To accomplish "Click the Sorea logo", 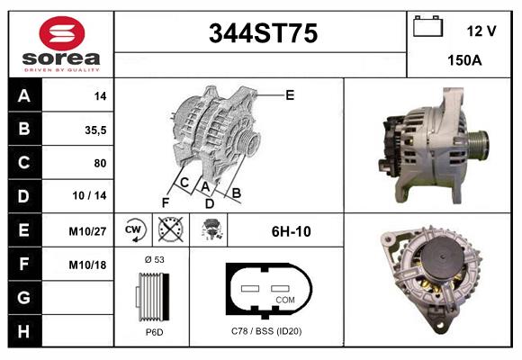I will pos(61,44).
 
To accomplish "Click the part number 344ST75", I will pos(262,33).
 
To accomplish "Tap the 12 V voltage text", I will pos(481,31).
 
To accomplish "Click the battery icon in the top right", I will pos(427,28).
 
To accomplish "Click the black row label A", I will pos(24,95).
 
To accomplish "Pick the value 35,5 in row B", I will pos(95,129).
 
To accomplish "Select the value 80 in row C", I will pos(99,163).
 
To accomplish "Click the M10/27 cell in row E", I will pos(88,230).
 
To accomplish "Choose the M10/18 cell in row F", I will pos(88,265).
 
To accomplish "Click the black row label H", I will pos(24,331).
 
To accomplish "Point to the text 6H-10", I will pos(291,231).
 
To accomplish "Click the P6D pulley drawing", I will pos(151,296).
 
